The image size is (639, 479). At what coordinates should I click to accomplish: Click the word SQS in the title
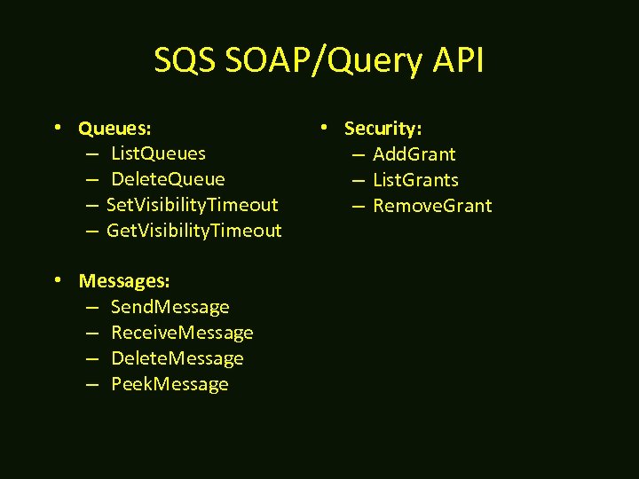(x=185, y=61)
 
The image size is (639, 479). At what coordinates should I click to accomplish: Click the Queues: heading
(x=114, y=129)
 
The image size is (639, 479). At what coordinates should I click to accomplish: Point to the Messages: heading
(x=124, y=281)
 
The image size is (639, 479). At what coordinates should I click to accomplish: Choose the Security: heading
(x=383, y=129)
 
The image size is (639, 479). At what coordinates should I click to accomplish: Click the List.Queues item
(x=158, y=154)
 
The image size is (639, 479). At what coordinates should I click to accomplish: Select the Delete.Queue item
(x=168, y=180)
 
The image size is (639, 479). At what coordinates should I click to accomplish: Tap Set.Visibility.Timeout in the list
(x=192, y=206)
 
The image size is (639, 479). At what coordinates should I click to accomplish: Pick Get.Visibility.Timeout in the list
(x=193, y=232)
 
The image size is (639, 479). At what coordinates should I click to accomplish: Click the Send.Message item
(x=170, y=307)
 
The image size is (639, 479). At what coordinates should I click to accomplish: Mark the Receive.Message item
(x=182, y=333)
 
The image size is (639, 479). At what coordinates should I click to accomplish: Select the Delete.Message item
(x=177, y=358)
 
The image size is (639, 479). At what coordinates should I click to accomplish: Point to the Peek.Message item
(x=170, y=384)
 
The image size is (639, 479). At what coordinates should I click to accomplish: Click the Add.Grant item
(x=414, y=154)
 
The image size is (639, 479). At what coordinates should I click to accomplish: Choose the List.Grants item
(x=415, y=180)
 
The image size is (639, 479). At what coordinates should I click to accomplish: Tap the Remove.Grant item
(x=432, y=206)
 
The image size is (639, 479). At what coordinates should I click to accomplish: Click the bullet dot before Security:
(x=325, y=127)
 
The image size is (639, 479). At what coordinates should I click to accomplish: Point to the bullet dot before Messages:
(x=59, y=279)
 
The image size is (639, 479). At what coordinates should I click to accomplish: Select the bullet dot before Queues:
(x=59, y=127)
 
